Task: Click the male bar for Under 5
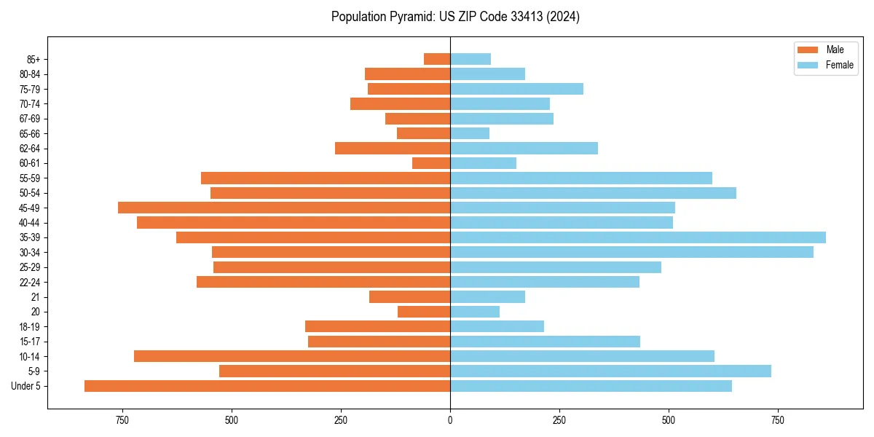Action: tap(267, 386)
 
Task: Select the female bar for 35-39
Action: tap(638, 237)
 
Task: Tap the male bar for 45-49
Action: tap(284, 208)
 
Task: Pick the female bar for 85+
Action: tap(471, 59)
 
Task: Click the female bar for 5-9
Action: tap(610, 371)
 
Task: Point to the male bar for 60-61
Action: tap(431, 163)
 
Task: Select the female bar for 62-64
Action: tap(524, 149)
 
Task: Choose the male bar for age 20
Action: tap(424, 312)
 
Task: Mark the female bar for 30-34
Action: tap(631, 252)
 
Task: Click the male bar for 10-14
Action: tap(292, 356)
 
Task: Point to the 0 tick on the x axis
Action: tap(450, 420)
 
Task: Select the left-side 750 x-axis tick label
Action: tap(122, 420)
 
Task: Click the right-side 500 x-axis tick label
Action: tap(669, 420)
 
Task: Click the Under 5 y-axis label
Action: tap(26, 386)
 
